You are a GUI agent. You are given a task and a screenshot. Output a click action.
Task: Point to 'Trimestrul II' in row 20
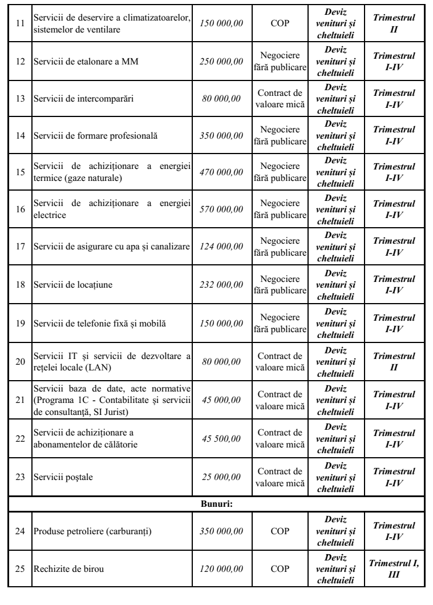(x=393, y=361)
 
